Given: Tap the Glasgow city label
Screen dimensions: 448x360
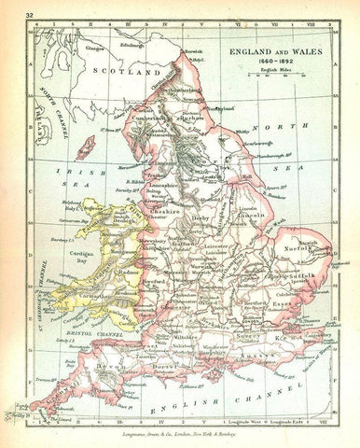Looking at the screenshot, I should [x=93, y=48].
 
